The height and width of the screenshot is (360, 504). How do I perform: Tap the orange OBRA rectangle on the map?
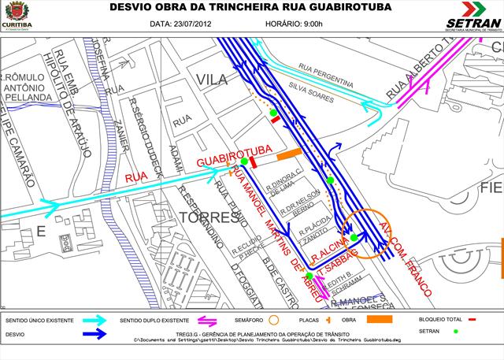click(289, 154)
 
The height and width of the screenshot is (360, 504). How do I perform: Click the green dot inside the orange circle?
click(354, 237)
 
